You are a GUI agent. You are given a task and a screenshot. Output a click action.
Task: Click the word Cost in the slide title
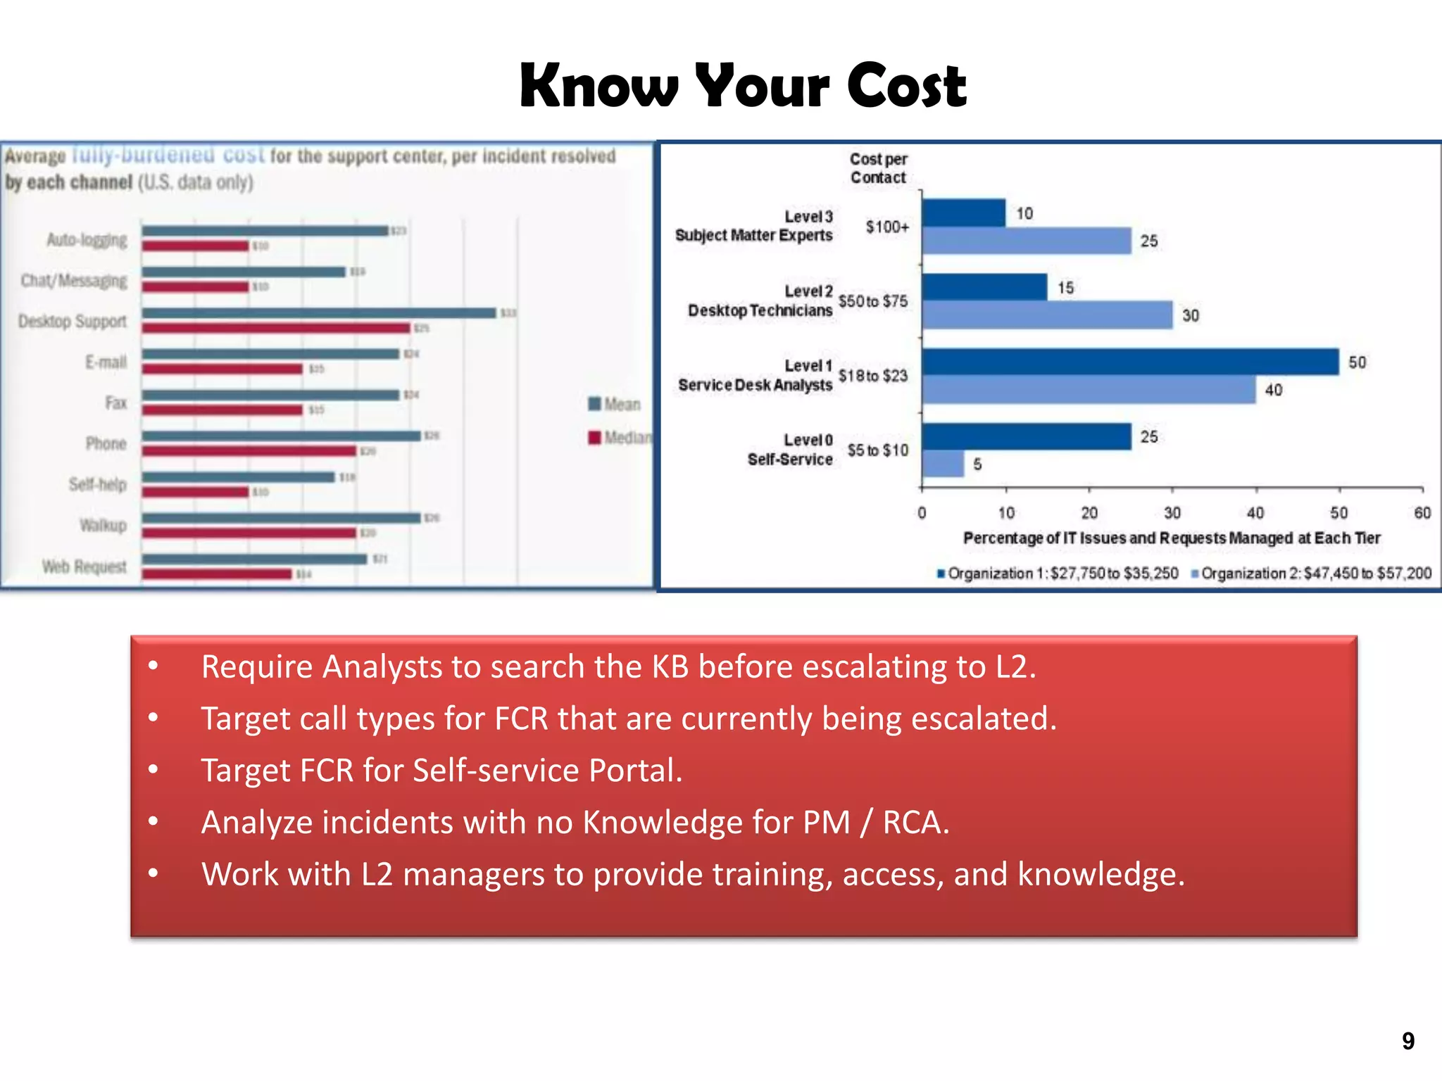(906, 86)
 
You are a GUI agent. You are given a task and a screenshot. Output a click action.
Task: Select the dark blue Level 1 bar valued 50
(1130, 362)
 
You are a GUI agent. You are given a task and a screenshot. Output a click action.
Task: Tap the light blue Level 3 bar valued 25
(1027, 241)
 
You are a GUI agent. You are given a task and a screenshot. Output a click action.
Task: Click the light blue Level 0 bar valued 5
(943, 464)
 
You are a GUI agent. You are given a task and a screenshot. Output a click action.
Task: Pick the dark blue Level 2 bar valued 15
(984, 287)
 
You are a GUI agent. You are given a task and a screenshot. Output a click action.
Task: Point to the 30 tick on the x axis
(1172, 512)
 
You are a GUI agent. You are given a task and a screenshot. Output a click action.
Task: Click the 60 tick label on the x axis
(1422, 512)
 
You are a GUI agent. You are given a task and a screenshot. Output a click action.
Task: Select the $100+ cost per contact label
(887, 227)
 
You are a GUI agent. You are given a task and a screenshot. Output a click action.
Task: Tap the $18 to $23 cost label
(873, 376)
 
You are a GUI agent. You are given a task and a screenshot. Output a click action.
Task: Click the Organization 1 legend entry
(1058, 574)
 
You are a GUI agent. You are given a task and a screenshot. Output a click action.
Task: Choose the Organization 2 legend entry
(1311, 574)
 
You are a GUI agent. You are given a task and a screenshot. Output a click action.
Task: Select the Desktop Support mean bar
(319, 312)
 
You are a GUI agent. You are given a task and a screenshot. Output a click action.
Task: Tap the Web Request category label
(84, 567)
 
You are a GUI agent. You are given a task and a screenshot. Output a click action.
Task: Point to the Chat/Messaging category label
(74, 281)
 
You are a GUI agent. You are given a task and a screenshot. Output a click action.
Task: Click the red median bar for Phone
(249, 450)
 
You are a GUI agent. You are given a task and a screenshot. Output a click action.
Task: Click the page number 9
(1407, 1041)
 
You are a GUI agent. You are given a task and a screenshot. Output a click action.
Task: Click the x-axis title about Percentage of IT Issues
(1172, 538)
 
